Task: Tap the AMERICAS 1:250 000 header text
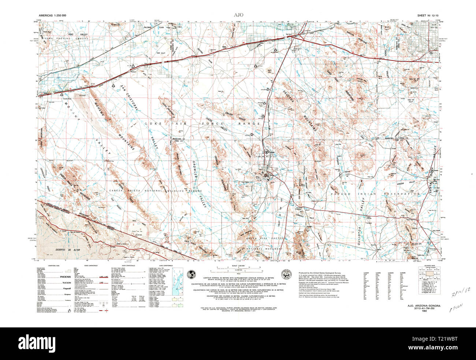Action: coord(52,15)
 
